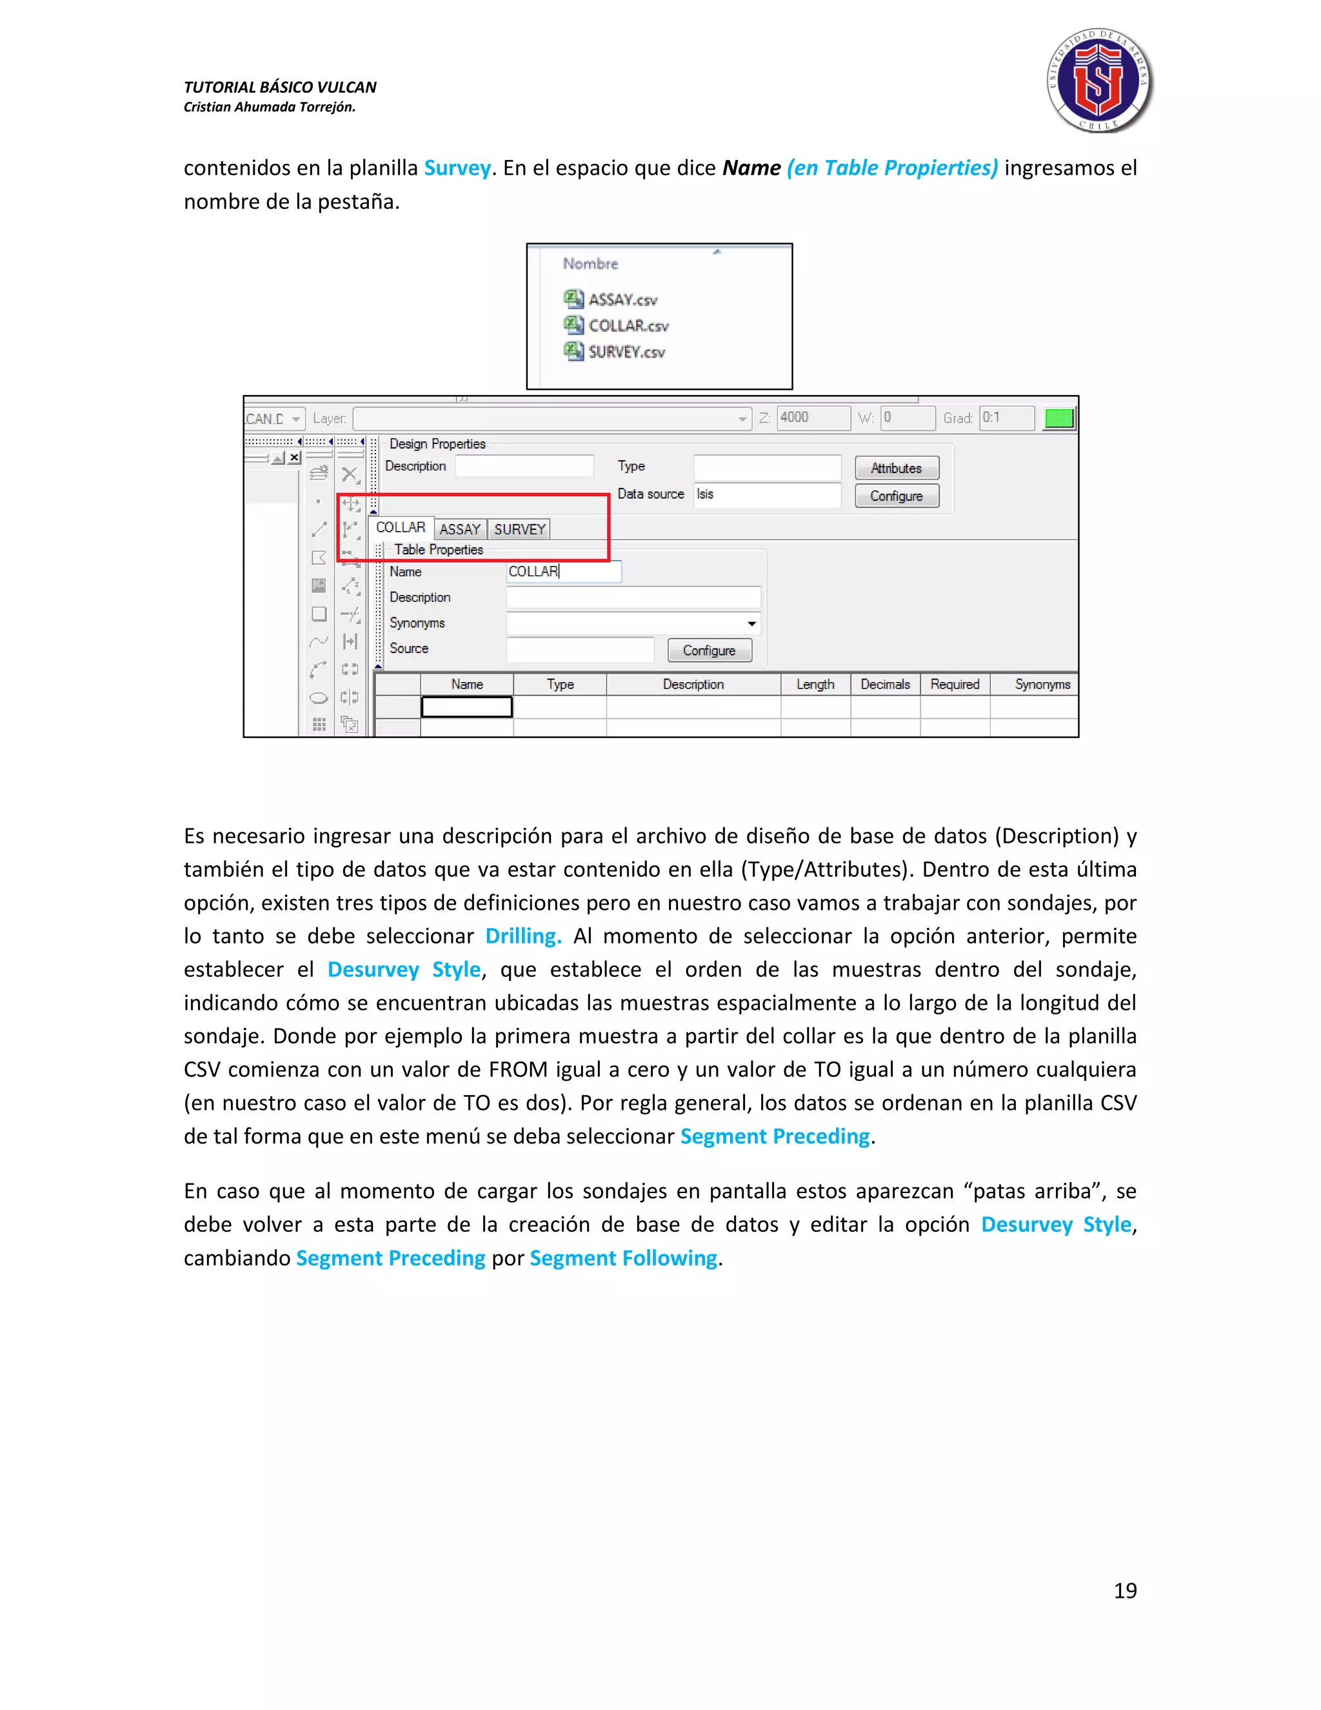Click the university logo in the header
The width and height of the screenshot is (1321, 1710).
coord(1100,81)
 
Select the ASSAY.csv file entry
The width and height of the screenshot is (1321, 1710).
coord(622,299)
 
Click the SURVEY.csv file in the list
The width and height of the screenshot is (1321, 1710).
coord(626,352)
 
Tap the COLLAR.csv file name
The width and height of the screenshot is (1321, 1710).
coord(628,326)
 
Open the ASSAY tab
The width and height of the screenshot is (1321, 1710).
coord(460,529)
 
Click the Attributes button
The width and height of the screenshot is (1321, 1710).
coord(896,468)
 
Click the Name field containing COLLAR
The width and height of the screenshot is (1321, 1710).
coord(564,572)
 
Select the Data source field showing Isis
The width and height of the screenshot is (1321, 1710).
coord(766,495)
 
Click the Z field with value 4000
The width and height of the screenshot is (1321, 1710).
coord(812,417)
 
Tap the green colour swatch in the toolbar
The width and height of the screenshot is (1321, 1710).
coord(1059,418)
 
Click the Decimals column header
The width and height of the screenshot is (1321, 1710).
coord(885,684)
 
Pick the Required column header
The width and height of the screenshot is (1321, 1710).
coord(955,684)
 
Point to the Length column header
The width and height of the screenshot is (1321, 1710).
coord(815,684)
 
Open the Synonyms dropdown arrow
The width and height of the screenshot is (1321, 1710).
coord(751,623)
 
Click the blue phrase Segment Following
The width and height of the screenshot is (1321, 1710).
coord(623,1258)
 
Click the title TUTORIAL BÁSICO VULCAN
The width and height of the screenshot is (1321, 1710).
coord(280,87)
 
